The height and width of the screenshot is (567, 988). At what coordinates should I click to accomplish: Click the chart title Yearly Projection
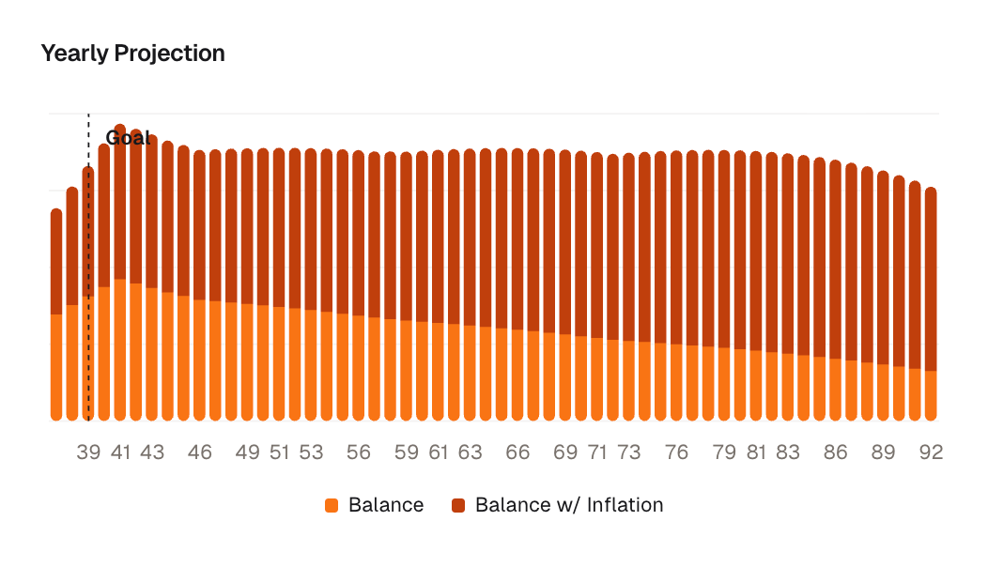pos(132,54)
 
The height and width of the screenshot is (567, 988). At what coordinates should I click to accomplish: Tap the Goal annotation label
pos(128,138)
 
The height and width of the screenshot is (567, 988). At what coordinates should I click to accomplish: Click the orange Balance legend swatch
pos(331,505)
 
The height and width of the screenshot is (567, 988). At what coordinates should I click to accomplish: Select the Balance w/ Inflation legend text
pos(569,505)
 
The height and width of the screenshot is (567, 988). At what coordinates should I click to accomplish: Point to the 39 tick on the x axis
pos(88,452)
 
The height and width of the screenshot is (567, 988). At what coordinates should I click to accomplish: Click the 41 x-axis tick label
pos(120,452)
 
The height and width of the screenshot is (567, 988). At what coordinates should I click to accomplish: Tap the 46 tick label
pos(199,452)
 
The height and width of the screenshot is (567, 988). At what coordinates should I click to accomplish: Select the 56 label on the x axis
pos(358,452)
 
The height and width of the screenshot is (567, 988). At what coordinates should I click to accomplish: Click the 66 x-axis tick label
pos(517,452)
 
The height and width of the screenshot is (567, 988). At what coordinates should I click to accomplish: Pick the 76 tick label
pos(676,452)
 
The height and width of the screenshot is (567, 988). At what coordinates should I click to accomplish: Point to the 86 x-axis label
pos(835,452)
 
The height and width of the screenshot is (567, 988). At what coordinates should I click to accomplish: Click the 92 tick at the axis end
pos(931,452)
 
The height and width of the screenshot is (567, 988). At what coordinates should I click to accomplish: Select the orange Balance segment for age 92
pos(931,395)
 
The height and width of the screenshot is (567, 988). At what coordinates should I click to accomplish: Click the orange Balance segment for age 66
pos(517,375)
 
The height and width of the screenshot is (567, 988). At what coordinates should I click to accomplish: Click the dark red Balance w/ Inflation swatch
pos(458,505)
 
